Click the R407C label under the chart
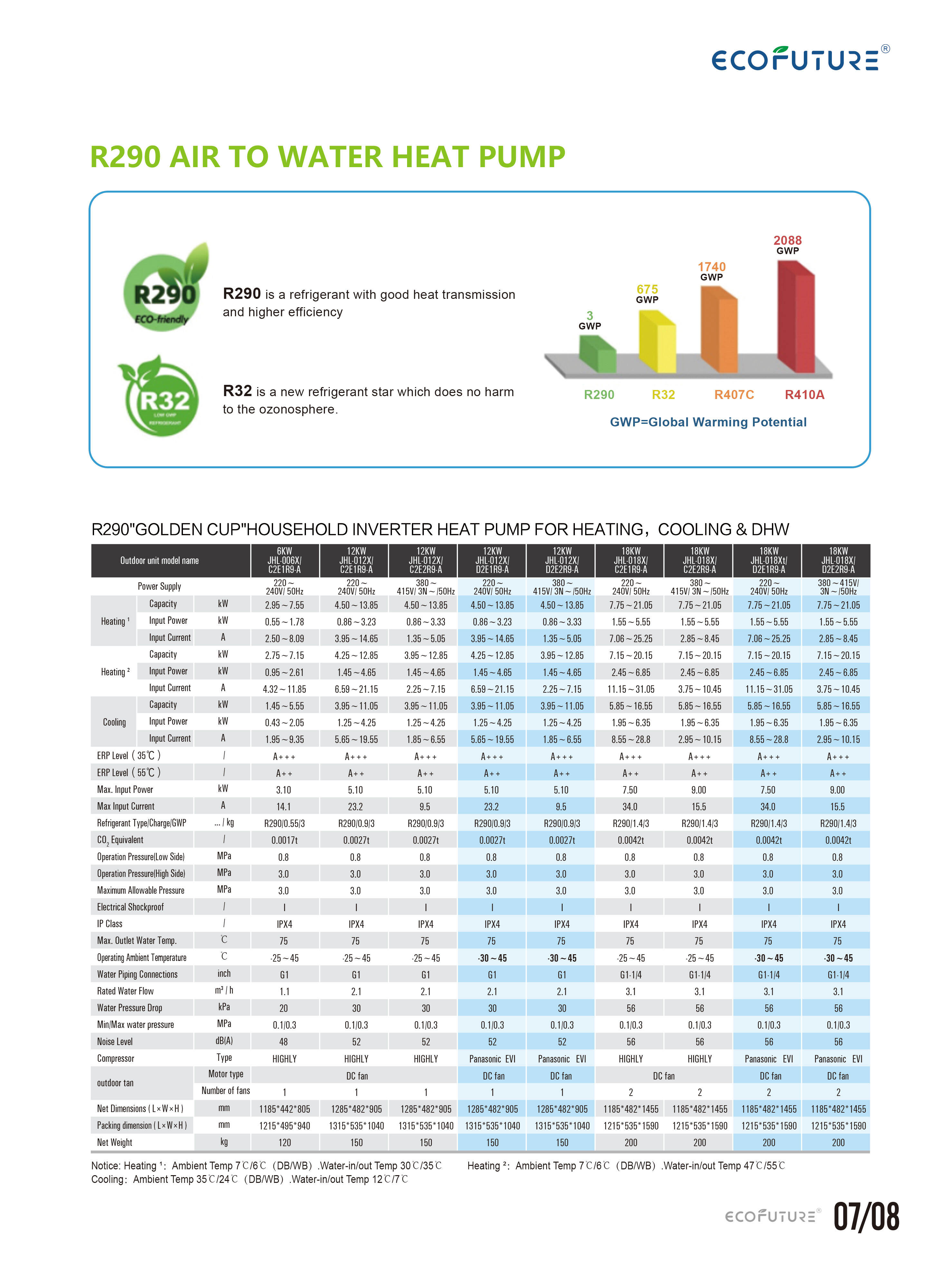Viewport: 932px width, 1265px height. coord(734,395)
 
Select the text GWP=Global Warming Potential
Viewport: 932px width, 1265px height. coord(708,422)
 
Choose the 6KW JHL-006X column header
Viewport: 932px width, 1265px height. coord(284,560)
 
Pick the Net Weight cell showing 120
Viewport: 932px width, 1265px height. coord(284,1143)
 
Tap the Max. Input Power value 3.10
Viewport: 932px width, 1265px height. coord(284,790)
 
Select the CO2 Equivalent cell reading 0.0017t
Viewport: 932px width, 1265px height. coord(284,840)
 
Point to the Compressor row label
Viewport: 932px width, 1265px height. coord(116,1059)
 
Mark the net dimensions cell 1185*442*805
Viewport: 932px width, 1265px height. coord(284,1109)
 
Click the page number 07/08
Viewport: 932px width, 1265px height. coord(866,1217)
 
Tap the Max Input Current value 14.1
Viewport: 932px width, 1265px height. coord(284,807)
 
